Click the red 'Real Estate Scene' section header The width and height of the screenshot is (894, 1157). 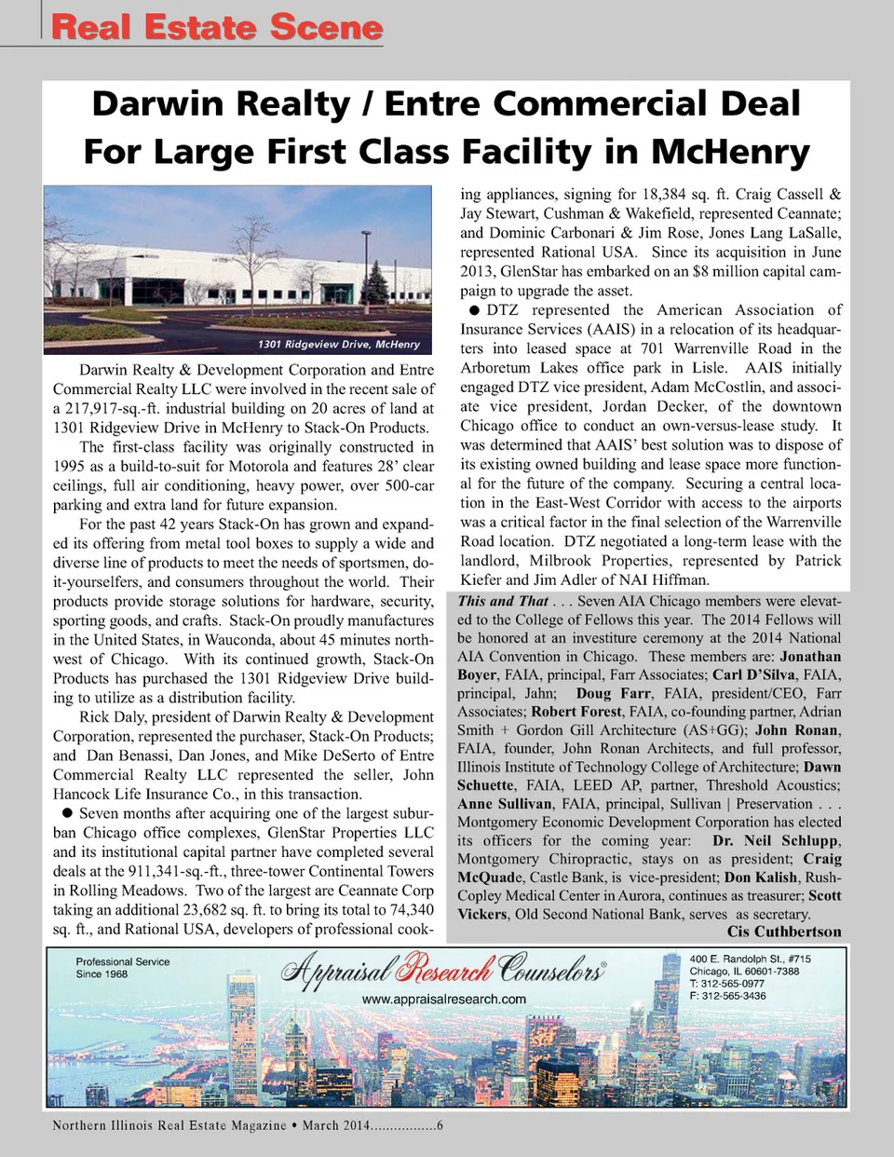coord(217,27)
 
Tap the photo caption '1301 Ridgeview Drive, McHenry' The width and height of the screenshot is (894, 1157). coord(338,345)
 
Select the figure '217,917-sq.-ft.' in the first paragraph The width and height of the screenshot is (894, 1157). coord(117,408)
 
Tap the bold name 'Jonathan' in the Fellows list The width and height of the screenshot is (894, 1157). coord(809,656)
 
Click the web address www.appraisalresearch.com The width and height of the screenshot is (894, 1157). coord(443,999)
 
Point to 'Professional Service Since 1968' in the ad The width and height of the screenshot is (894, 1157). coord(122,968)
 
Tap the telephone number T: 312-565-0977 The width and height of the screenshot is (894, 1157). coord(727,984)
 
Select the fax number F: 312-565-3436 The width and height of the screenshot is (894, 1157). coord(727,996)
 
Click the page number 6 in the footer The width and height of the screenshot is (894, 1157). coord(440,1125)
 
